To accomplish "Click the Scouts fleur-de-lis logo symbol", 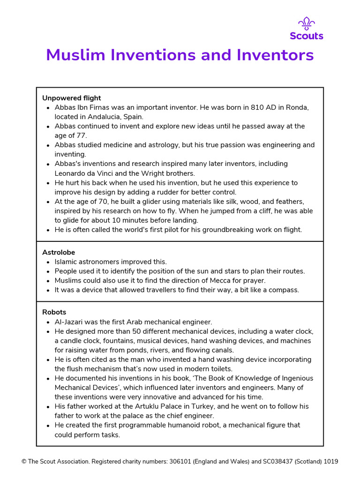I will pyautogui.click(x=307, y=23).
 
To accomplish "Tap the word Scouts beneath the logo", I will pyautogui.click(x=307, y=36).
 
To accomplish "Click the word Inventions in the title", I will pyautogui.click(x=152, y=55).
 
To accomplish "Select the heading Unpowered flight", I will pyautogui.click(x=72, y=98).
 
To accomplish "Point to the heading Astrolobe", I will pyautogui.click(x=59, y=252).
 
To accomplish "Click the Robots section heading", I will pyautogui.click(x=54, y=312).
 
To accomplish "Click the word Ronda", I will pyautogui.click(x=297, y=107).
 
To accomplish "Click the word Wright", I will pyautogui.click(x=140, y=173).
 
